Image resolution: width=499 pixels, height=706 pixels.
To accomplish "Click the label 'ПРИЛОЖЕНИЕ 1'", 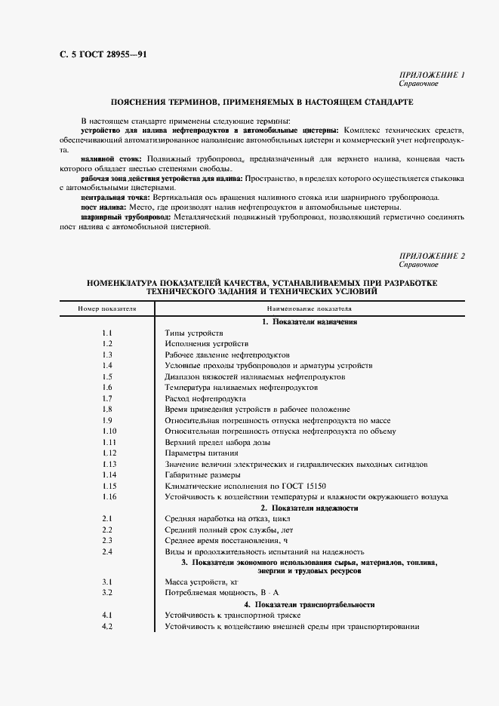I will (x=430, y=75).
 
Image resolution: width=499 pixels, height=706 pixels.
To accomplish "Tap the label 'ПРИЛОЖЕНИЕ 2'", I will (x=430, y=256).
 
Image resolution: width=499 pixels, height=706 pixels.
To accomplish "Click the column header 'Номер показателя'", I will (x=107, y=309).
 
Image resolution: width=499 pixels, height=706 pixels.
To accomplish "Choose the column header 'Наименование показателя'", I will (x=309, y=309).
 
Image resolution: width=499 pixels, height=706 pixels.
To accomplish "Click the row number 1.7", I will (x=107, y=398).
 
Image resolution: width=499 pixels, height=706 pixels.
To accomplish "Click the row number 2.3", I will (x=107, y=541).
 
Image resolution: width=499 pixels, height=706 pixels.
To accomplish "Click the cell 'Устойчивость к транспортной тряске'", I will (x=233, y=615).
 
